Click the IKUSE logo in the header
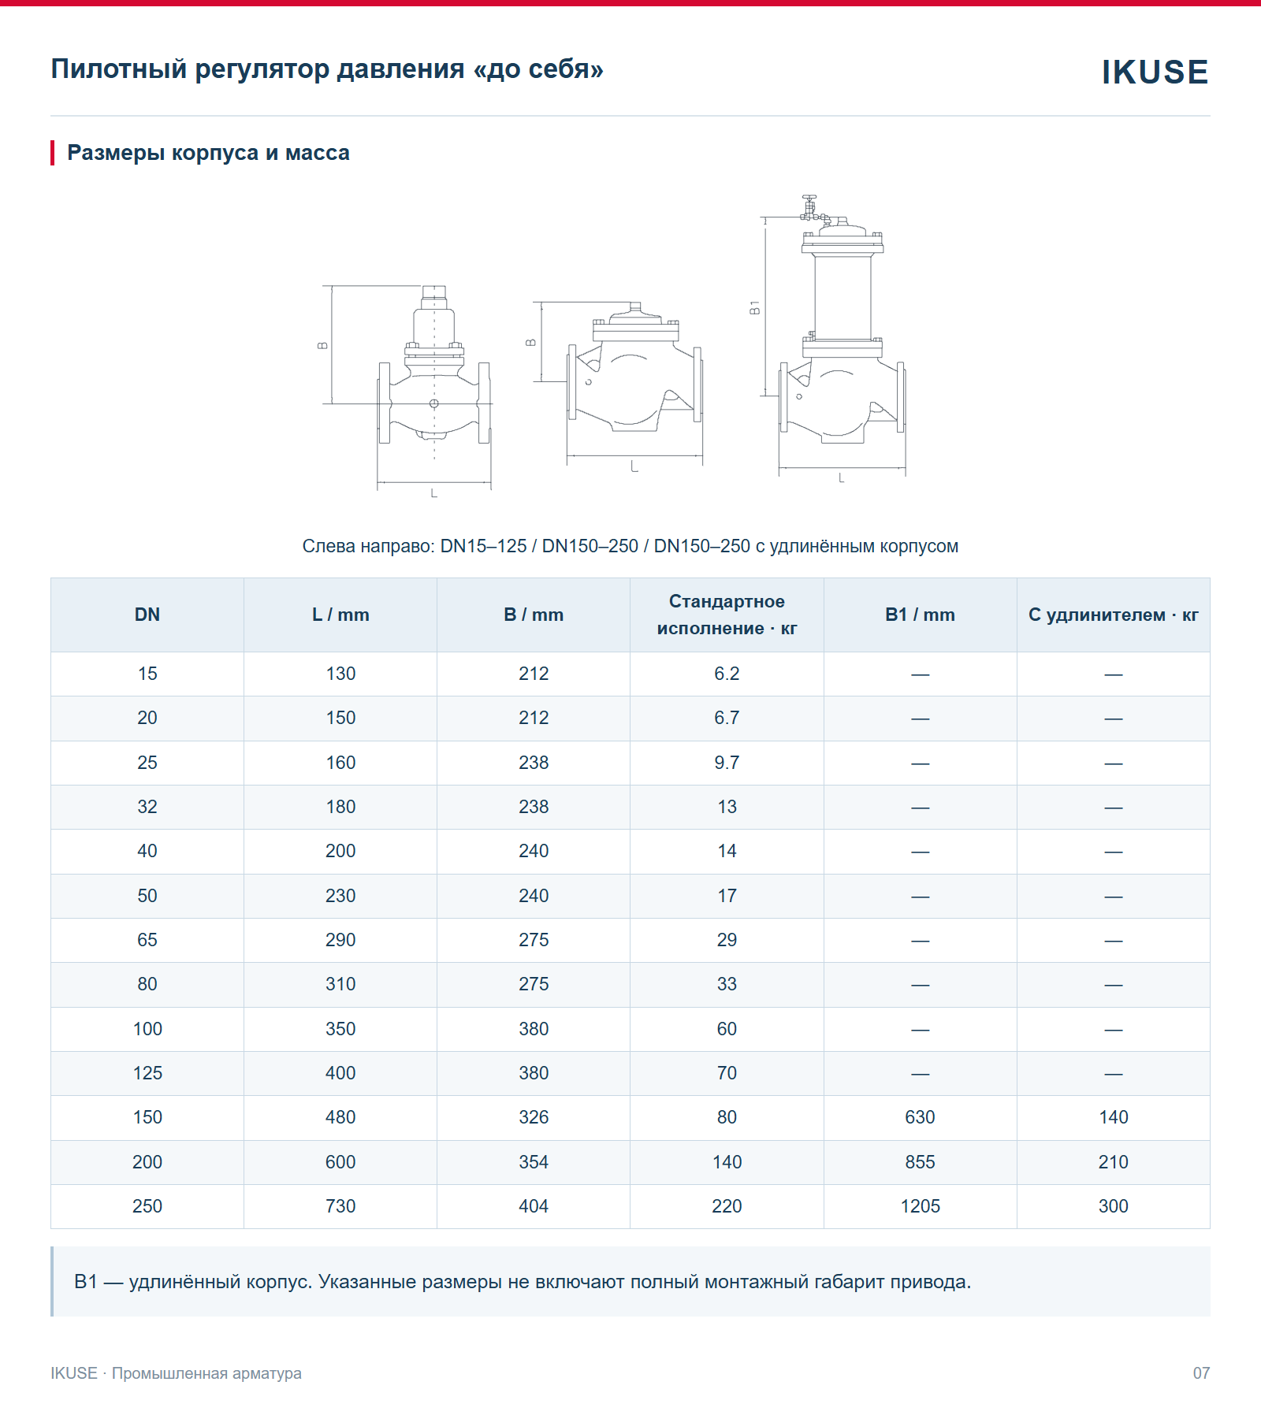click(x=1155, y=72)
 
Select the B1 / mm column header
click(x=920, y=615)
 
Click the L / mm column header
click(x=340, y=615)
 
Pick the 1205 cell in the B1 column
click(x=920, y=1206)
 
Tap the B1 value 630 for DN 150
click(x=920, y=1117)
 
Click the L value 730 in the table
click(x=340, y=1206)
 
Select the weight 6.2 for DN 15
click(x=727, y=674)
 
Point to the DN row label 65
click(x=147, y=940)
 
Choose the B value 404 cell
click(x=534, y=1206)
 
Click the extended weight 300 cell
click(x=1114, y=1206)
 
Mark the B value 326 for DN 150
click(x=534, y=1117)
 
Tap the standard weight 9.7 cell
click(x=727, y=763)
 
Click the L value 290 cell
click(x=340, y=940)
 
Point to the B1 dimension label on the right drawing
click(x=754, y=307)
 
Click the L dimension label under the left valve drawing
click(x=433, y=493)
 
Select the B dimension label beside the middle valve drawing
click(x=530, y=343)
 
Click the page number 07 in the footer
click(x=1201, y=1373)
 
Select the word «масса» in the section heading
click(x=318, y=153)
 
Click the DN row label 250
click(x=147, y=1206)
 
